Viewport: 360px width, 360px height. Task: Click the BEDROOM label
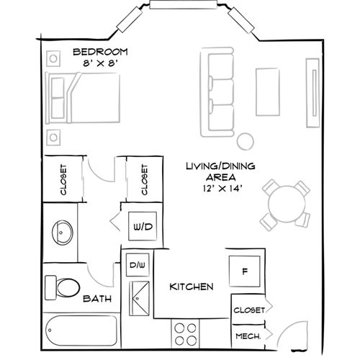[x=101, y=52]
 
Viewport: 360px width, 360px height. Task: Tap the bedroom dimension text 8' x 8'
[x=101, y=63]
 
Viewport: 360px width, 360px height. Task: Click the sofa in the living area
[x=221, y=93]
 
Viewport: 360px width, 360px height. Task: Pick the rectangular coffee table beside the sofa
[x=267, y=92]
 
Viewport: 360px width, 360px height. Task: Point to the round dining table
[x=287, y=203]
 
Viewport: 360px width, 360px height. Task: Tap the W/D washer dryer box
[x=143, y=228]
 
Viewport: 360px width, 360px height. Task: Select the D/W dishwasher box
[x=137, y=264]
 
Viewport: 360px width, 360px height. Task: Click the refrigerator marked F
[x=245, y=272]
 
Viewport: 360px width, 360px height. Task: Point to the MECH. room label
[x=247, y=336]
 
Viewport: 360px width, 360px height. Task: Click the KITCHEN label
[x=191, y=287]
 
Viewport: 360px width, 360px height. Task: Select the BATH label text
[x=96, y=298]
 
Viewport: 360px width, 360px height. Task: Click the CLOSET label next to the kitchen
[x=248, y=310]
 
